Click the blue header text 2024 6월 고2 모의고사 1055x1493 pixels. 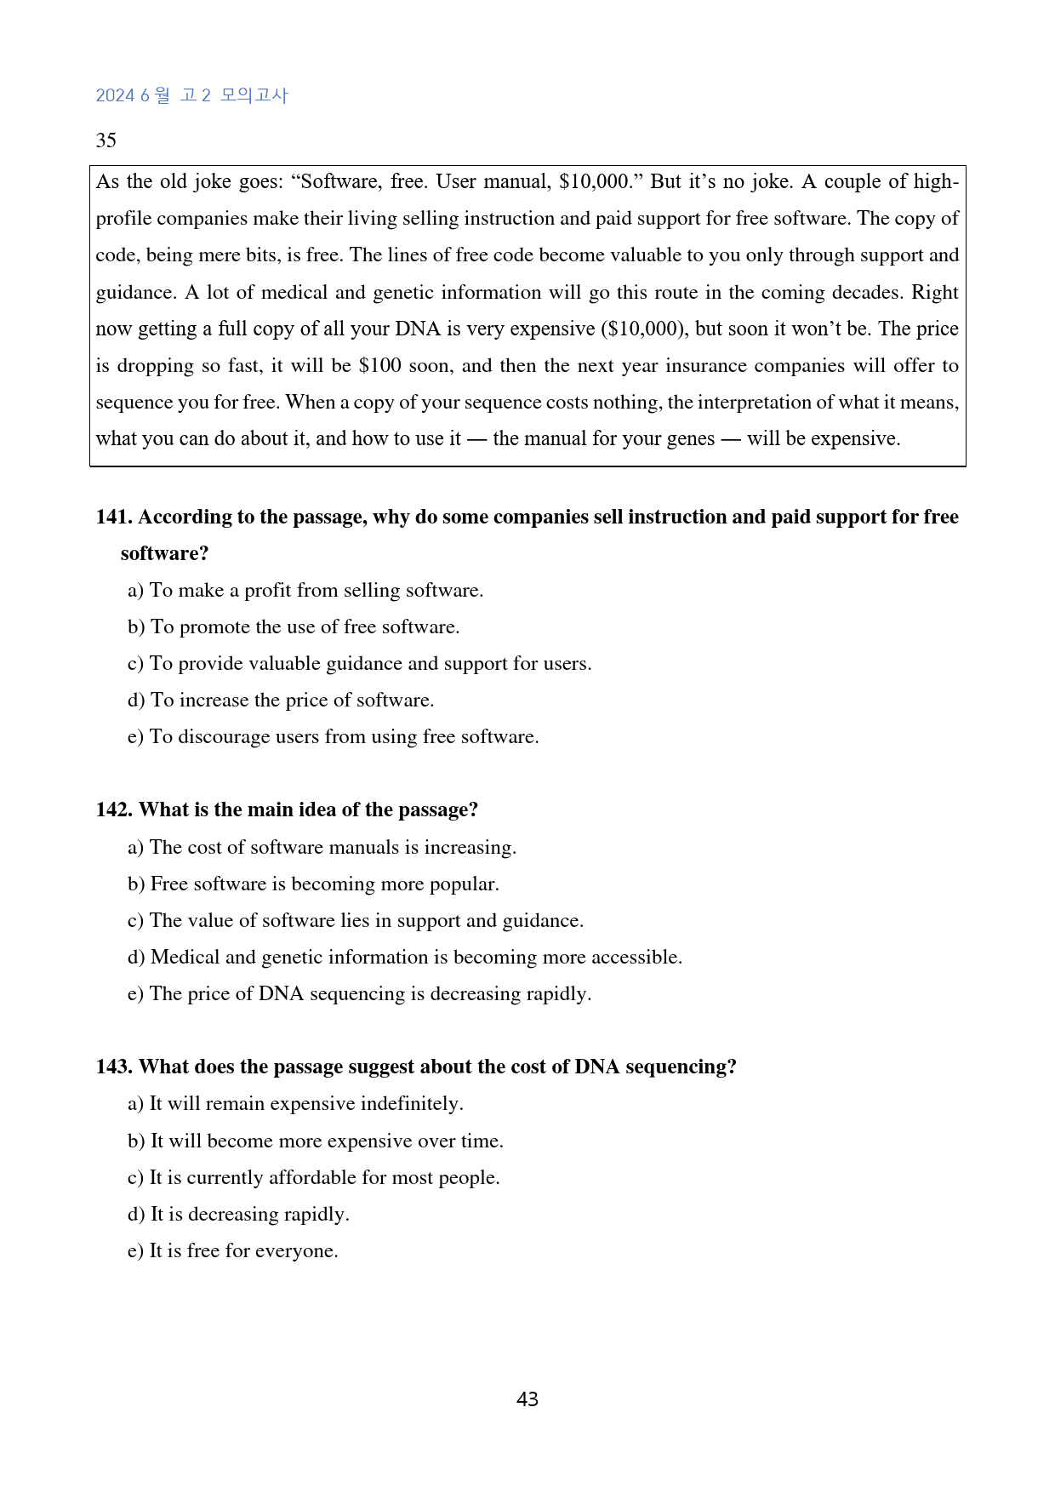tap(191, 95)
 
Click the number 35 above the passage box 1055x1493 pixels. tap(105, 140)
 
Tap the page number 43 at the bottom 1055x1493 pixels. tap(527, 1399)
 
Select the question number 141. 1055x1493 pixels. tap(113, 517)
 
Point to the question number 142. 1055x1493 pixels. tap(113, 809)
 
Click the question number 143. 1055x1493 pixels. tap(113, 1067)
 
